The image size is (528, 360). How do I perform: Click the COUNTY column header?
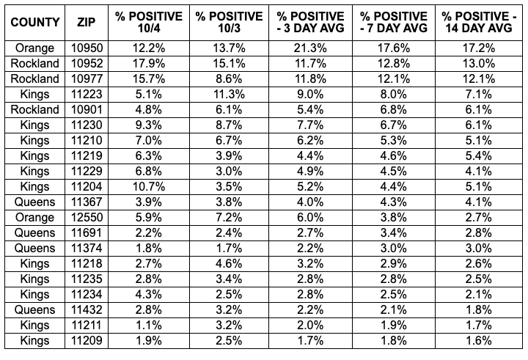pyautogui.click(x=35, y=22)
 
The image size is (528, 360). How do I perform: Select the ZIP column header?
pyautogui.click(x=87, y=22)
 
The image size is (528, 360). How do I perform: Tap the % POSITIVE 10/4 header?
pyautogui.click(x=149, y=22)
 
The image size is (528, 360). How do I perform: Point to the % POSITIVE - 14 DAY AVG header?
pyautogui.click(x=479, y=22)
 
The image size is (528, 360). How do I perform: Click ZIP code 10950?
pyautogui.click(x=87, y=48)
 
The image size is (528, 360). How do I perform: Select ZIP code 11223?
pyautogui.click(x=87, y=95)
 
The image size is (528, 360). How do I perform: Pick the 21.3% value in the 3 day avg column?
pyautogui.click(x=310, y=48)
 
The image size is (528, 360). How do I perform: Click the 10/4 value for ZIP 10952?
pyautogui.click(x=149, y=64)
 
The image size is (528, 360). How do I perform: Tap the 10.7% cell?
pyautogui.click(x=149, y=186)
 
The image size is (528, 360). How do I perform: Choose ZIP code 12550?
pyautogui.click(x=87, y=218)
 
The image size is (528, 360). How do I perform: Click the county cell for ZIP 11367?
pyautogui.click(x=34, y=202)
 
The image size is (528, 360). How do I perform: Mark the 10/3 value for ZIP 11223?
pyautogui.click(x=229, y=95)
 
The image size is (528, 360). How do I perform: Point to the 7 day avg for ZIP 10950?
pyautogui.click(x=394, y=48)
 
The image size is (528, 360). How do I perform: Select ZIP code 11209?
pyautogui.click(x=87, y=340)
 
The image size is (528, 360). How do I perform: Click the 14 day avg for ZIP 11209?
pyautogui.click(x=479, y=340)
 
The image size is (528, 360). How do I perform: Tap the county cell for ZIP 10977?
pyautogui.click(x=34, y=78)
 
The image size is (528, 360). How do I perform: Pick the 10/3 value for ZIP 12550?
pyautogui.click(x=229, y=218)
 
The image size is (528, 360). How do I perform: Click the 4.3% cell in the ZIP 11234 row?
pyautogui.click(x=149, y=294)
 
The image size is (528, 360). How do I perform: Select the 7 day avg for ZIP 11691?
pyautogui.click(x=394, y=232)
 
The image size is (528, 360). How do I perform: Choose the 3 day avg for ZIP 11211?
pyautogui.click(x=310, y=326)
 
